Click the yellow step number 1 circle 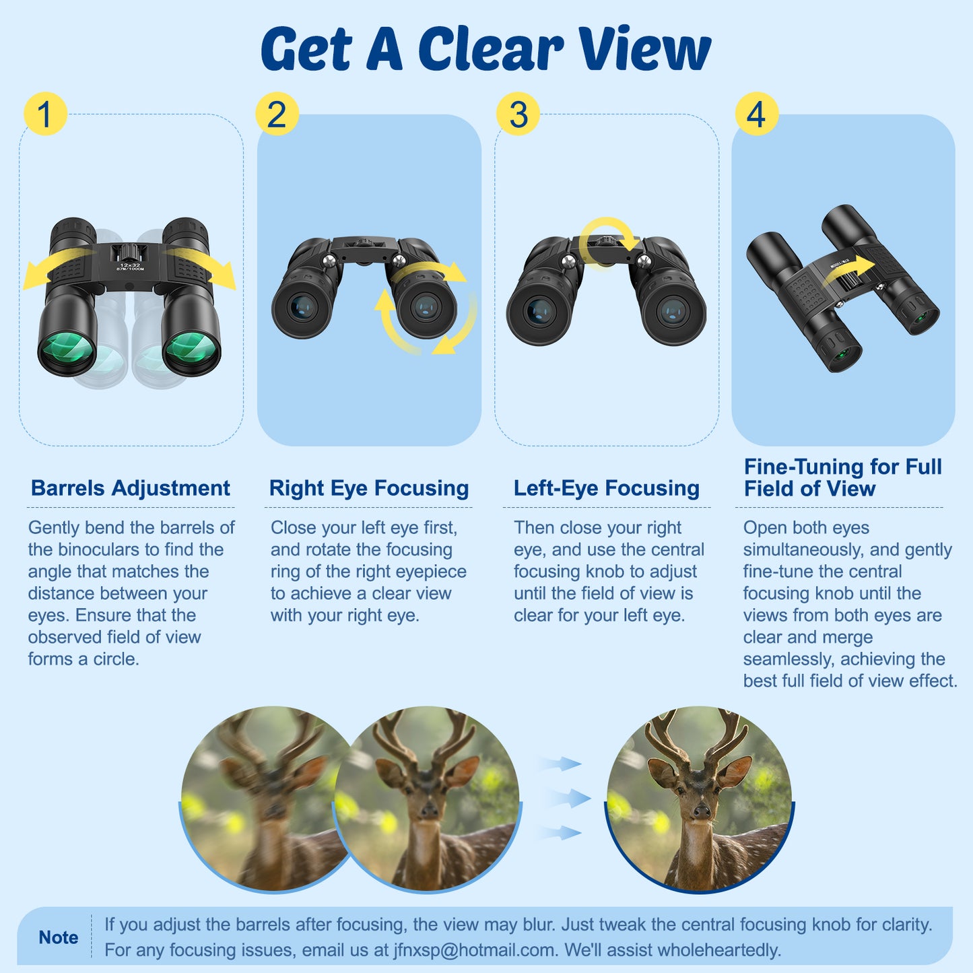point(44,113)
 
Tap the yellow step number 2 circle point(277,113)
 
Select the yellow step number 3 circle point(518,113)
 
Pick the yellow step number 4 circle point(756,113)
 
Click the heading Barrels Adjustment point(130,488)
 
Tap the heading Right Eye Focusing point(368,488)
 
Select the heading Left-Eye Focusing point(606,488)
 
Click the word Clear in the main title point(490,49)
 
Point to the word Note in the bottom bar point(58,937)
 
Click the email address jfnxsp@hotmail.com point(475,950)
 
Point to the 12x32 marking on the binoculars point(129,265)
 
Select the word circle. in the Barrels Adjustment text point(116,659)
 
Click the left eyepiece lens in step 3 point(540,311)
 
